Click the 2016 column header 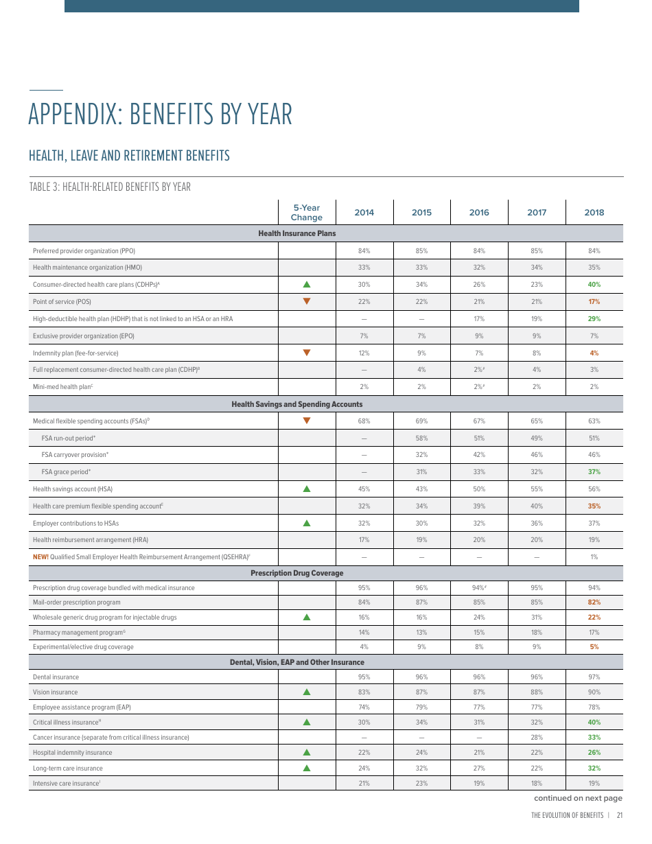(479, 212)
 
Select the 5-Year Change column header (306, 213)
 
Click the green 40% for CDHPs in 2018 (594, 285)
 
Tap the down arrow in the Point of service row (307, 301)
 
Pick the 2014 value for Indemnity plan (364, 353)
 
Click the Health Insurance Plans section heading (297, 234)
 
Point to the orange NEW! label (40, 557)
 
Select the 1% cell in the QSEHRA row (594, 557)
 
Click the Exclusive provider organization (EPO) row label (84, 336)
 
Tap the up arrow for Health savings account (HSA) (307, 489)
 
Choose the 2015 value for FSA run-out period (421, 438)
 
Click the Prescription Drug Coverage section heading (297, 573)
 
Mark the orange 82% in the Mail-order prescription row (594, 602)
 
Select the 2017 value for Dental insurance (536, 677)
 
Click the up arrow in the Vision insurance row (307, 692)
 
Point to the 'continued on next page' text (578, 798)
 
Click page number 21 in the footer (619, 816)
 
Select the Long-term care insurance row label (67, 769)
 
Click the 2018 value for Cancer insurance (594, 738)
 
